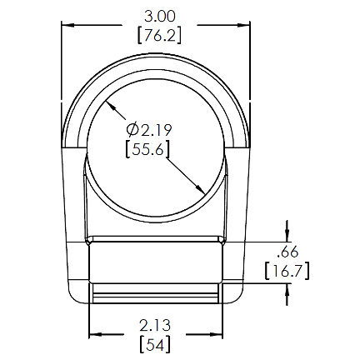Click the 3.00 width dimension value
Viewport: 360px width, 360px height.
[x=160, y=16]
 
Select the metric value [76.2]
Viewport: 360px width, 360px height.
[x=159, y=35]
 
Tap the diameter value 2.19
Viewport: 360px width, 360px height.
[x=157, y=130]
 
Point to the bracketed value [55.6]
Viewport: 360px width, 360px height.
[x=147, y=149]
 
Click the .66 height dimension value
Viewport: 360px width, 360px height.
[x=287, y=252]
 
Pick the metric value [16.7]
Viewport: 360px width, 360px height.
[x=287, y=271]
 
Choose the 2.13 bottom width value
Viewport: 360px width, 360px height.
[x=155, y=326]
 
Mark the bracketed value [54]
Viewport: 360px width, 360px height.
[x=155, y=345]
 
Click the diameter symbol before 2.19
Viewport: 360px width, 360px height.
[x=132, y=129]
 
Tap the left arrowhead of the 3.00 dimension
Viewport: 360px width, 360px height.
[x=67, y=25]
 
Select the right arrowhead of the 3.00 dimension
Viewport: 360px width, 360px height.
[x=243, y=25]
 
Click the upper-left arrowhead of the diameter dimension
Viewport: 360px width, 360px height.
[x=110, y=105]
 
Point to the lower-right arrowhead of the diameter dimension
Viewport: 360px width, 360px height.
[x=200, y=188]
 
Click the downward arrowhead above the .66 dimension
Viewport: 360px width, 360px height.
[x=287, y=235]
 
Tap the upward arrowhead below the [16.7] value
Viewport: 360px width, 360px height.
[x=287, y=290]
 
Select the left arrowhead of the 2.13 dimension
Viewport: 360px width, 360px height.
[x=95, y=334]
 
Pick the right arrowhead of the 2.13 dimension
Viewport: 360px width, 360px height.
[x=216, y=334]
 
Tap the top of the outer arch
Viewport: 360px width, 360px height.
[x=156, y=53]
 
